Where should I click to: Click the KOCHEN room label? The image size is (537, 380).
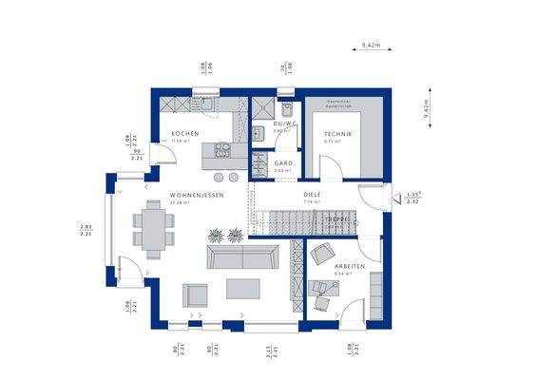(184, 134)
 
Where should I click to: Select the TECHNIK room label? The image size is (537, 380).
(338, 135)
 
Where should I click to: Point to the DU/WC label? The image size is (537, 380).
(284, 123)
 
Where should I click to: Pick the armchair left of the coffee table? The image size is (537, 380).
(196, 294)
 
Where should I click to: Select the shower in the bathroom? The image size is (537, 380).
(259, 105)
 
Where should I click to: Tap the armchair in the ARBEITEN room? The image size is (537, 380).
(322, 256)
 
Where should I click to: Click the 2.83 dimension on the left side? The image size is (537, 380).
(85, 228)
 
